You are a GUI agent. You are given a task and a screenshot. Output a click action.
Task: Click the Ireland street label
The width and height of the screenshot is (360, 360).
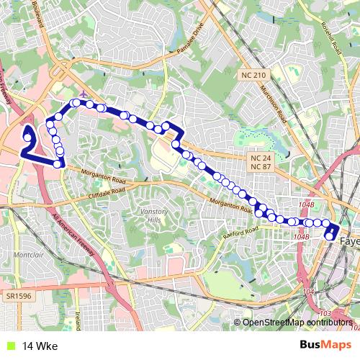pos(77,318)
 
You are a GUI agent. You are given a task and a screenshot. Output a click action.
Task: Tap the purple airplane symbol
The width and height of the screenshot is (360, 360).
pos(84,94)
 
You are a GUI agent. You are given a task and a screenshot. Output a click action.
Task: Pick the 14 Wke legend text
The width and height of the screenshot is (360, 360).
pos(40,346)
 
